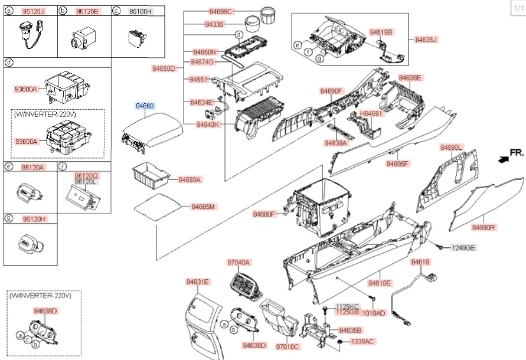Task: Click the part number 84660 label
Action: pyautogui.click(x=145, y=106)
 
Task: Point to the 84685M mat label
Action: pyautogui.click(x=202, y=207)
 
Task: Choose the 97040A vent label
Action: pyautogui.click(x=239, y=262)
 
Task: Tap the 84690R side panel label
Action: pyautogui.click(x=483, y=227)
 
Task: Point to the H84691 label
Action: pyautogui.click(x=371, y=113)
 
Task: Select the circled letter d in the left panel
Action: pyautogui.click(x=8, y=62)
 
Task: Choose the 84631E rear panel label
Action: pyautogui.click(x=198, y=282)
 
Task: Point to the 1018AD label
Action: pyautogui.click(x=374, y=313)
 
